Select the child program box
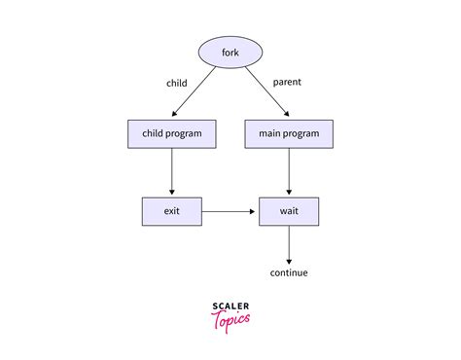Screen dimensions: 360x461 (172, 134)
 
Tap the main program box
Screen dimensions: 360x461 (289, 134)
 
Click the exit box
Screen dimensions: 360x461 (172, 211)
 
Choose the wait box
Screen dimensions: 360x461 (289, 211)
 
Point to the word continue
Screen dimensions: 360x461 (289, 272)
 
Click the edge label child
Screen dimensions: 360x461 (177, 83)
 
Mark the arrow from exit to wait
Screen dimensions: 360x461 (230, 211)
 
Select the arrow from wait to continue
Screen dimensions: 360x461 (289, 242)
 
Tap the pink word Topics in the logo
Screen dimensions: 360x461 (230, 318)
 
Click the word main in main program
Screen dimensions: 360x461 (271, 134)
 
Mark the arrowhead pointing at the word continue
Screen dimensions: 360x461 (289, 257)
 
